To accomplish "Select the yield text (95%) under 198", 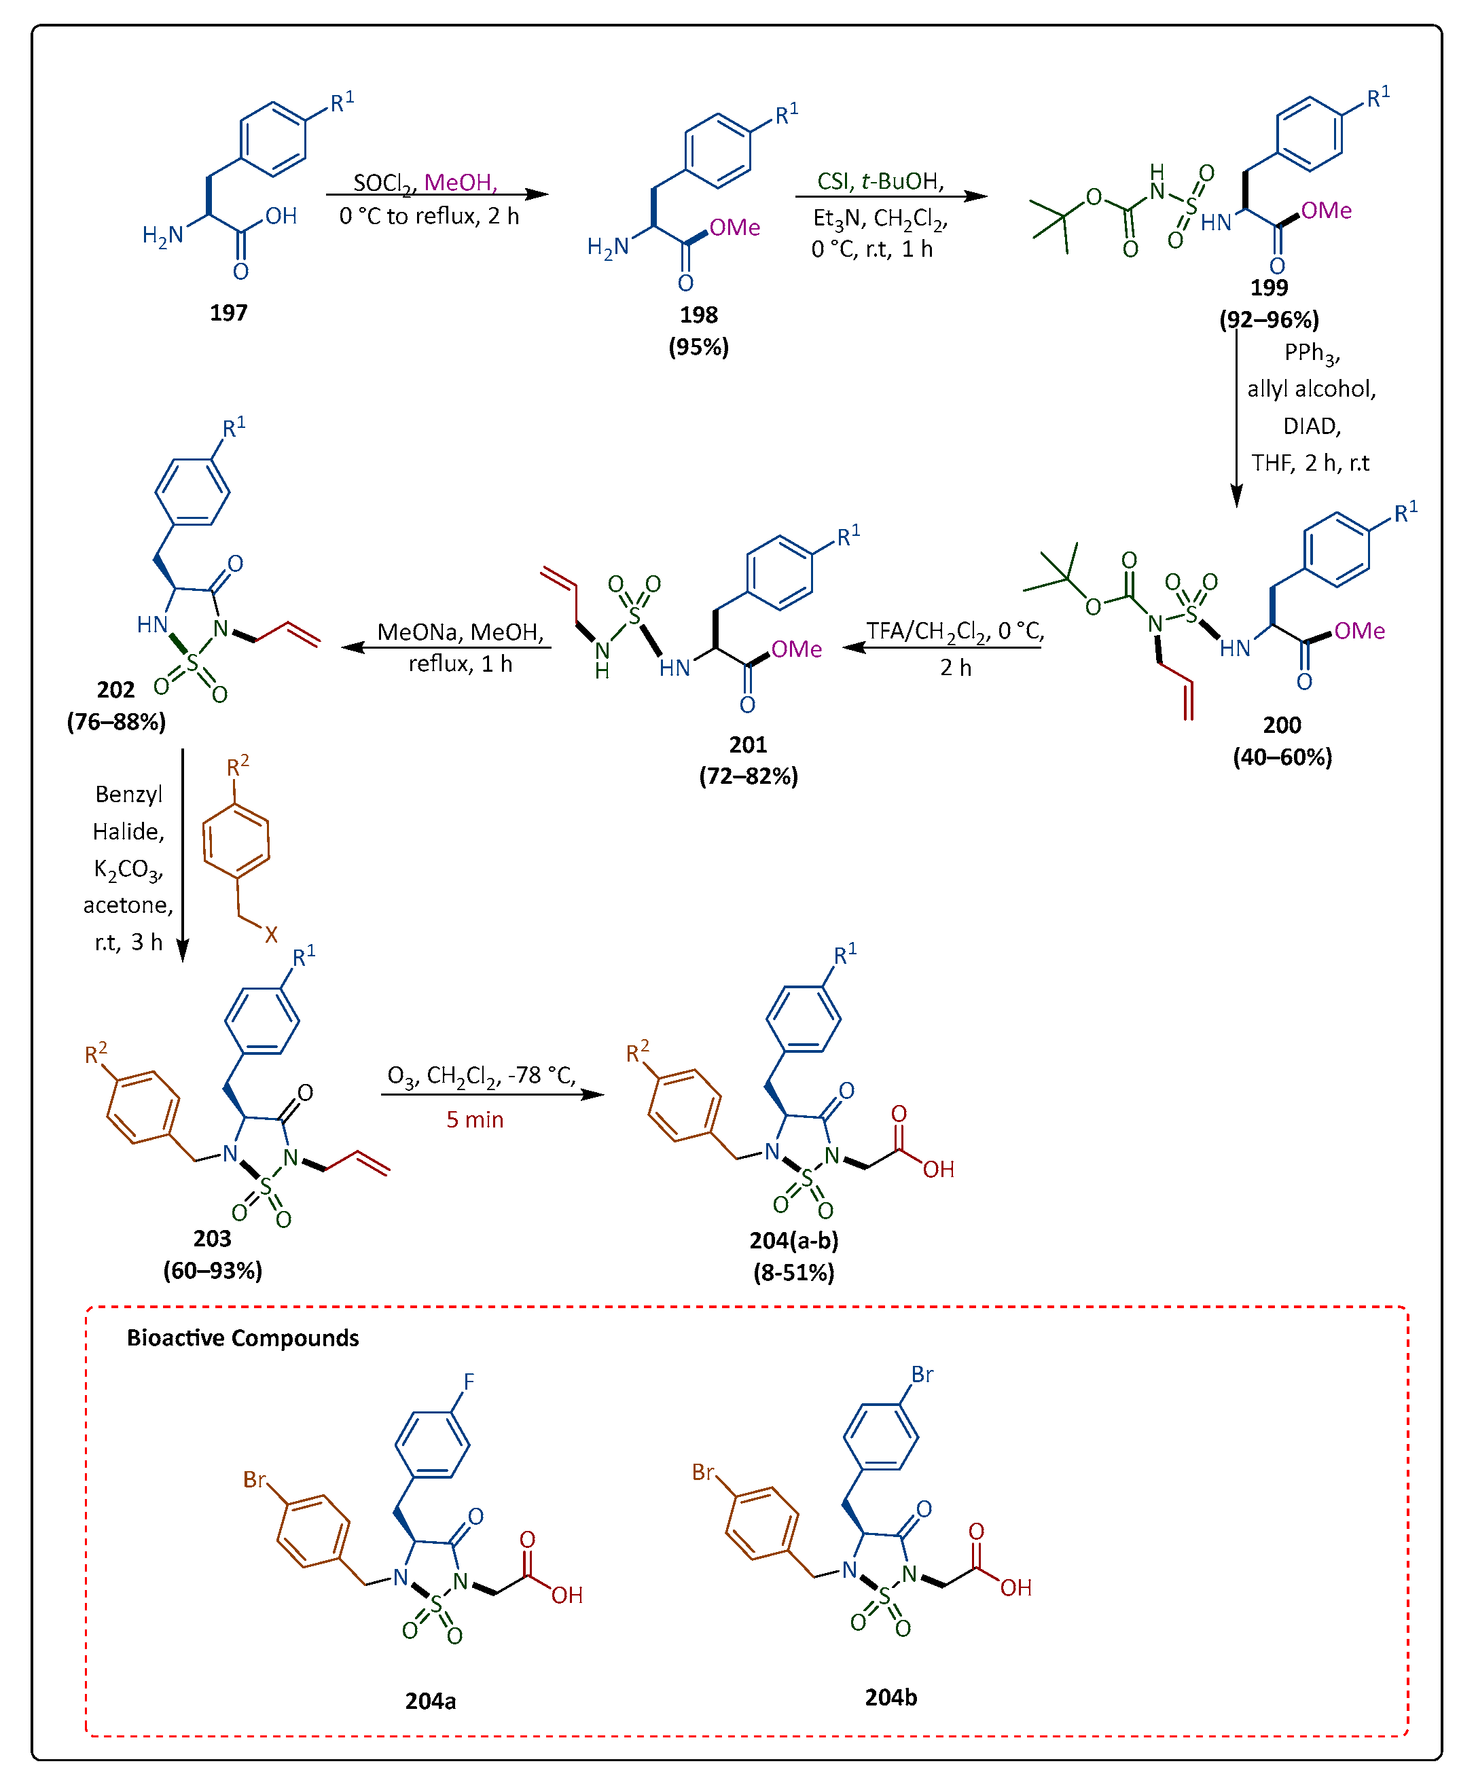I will (x=698, y=347).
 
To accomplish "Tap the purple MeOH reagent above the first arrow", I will (x=459, y=183).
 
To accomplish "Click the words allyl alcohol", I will (x=1310, y=389).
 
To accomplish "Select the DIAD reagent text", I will (x=1310, y=426).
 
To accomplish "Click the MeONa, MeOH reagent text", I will (x=460, y=632).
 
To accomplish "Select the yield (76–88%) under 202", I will (x=116, y=722).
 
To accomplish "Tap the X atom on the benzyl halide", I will (x=271, y=935).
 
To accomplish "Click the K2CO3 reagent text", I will (x=128, y=869).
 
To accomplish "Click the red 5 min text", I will (x=474, y=1119).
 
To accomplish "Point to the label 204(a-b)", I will (x=793, y=1240).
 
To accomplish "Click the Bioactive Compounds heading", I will (x=242, y=1338).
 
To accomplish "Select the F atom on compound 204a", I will (x=469, y=1382).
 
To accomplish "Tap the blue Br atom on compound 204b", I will (x=922, y=1375).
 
